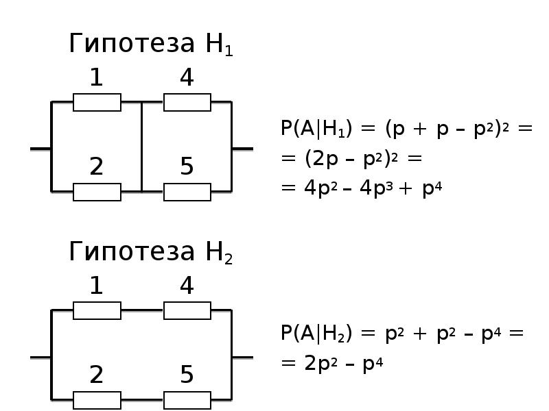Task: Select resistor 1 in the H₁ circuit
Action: [97, 103]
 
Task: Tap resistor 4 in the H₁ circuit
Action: [187, 103]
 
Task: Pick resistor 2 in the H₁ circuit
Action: [97, 192]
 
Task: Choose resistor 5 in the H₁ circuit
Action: [187, 192]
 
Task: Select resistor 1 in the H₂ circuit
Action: [97, 311]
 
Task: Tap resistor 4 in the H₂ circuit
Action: [187, 311]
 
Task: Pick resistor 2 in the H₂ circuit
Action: [97, 400]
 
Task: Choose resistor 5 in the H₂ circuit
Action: [187, 400]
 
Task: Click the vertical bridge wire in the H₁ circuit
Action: [141, 147]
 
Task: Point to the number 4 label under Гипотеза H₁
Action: [187, 79]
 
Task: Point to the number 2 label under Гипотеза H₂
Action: [97, 375]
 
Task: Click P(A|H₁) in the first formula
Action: [318, 129]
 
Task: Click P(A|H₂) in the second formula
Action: [318, 334]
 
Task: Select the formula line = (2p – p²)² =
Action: [351, 159]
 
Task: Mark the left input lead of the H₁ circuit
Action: [40, 148]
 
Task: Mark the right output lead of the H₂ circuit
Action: [242, 357]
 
